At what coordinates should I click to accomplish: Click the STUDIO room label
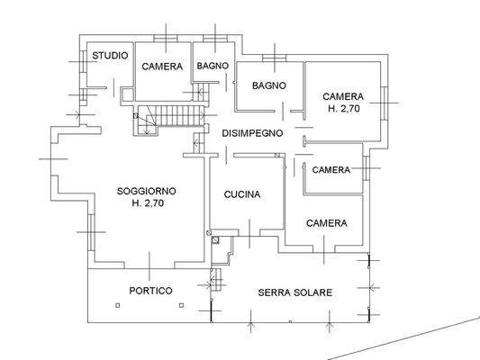tap(110, 56)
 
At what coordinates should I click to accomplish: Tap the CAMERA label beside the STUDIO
tap(162, 67)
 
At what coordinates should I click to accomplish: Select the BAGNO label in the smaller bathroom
tap(213, 66)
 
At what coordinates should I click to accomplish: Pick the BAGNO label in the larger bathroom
tap(269, 85)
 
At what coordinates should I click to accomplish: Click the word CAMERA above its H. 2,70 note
tap(343, 96)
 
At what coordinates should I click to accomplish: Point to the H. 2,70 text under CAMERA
tap(343, 108)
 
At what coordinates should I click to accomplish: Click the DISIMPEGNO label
tap(253, 133)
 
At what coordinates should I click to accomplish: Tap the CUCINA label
tap(242, 194)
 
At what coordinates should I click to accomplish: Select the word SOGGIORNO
tap(147, 191)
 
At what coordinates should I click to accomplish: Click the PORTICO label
tap(150, 291)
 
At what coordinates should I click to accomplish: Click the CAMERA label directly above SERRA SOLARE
tap(327, 223)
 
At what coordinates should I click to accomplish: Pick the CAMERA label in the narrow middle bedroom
tap(331, 170)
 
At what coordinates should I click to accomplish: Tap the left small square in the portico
tap(117, 306)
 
